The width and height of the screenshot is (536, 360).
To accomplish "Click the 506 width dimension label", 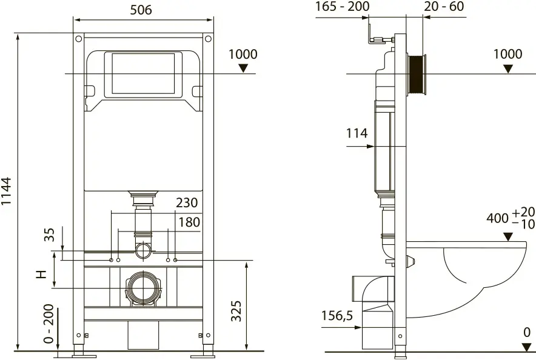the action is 141,10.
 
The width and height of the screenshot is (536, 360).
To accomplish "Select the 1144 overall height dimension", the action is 7,192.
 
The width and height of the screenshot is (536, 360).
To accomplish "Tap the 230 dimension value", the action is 187,202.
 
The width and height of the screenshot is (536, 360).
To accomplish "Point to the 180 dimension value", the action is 189,222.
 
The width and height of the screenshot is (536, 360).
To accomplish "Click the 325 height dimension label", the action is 236,311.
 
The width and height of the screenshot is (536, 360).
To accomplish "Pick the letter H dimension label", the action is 41,274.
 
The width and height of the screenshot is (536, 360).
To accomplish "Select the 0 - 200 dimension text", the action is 49,324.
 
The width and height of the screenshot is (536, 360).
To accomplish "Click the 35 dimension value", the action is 50,235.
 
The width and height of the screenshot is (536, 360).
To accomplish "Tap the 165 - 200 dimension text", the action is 342,6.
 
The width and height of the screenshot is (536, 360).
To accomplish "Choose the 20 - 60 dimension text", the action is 444,6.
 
